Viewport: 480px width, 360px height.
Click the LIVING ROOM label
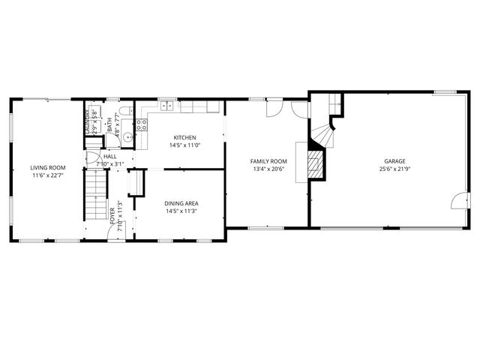48,167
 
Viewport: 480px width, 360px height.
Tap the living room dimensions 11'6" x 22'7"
48,175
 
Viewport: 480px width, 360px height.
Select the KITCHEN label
184,137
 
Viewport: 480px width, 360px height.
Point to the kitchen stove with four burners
140,124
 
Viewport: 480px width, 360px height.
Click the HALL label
109,156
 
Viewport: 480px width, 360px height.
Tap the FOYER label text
112,215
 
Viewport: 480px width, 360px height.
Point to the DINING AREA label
181,202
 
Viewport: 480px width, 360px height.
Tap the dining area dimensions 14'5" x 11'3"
181,211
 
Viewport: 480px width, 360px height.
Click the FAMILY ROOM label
268,161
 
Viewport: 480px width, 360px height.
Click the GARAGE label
394,161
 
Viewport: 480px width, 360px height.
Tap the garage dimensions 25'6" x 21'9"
394,169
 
